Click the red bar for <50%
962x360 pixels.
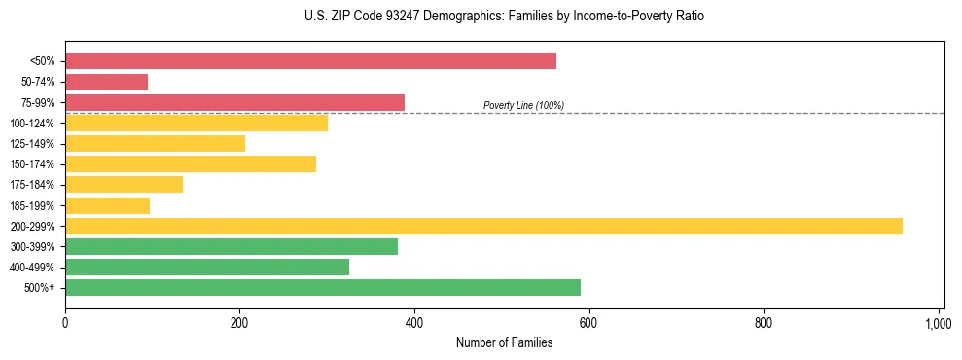[x=310, y=61]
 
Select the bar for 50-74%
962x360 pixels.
[x=106, y=82]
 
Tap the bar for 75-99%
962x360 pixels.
[x=234, y=102]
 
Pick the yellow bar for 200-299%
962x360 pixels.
[x=483, y=226]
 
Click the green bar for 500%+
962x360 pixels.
[x=322, y=287]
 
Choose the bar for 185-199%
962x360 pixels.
[x=107, y=205]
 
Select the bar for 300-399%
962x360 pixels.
[x=232, y=246]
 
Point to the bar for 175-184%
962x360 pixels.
[x=124, y=185]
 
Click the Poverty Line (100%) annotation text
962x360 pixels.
[x=523, y=105]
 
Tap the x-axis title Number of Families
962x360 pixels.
[x=504, y=342]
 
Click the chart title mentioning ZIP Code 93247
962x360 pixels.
[x=504, y=17]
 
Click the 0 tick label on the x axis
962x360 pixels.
[x=65, y=322]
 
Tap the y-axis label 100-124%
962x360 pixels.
[x=32, y=124]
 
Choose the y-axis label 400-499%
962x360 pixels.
[x=32, y=268]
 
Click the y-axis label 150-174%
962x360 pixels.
[x=32, y=164]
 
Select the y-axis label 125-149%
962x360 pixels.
[x=32, y=144]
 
